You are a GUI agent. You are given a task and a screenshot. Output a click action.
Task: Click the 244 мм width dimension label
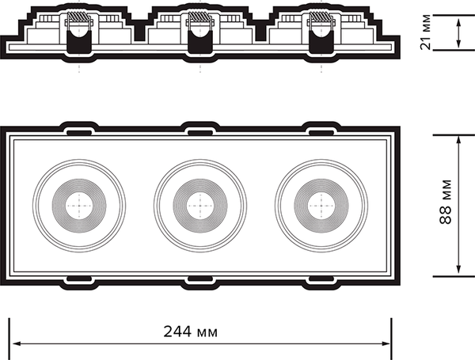[190, 332]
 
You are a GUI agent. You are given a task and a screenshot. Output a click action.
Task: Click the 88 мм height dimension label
[445, 202]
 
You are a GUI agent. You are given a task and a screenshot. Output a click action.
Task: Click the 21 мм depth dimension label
[425, 32]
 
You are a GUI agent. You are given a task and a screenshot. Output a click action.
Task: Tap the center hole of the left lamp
[79, 206]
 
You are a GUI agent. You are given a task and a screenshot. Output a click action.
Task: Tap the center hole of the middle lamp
[200, 206]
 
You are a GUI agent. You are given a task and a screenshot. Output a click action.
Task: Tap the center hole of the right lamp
[321, 206]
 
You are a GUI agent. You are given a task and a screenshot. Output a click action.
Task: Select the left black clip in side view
[79, 43]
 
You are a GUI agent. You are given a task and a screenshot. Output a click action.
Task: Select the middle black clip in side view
[200, 43]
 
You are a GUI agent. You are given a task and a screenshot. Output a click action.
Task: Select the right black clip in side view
[321, 43]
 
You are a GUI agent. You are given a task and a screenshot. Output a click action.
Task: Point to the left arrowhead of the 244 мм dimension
[17, 343]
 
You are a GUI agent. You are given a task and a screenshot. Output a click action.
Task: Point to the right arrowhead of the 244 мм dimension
[386, 343]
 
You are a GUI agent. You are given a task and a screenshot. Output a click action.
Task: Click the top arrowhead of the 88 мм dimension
[458, 140]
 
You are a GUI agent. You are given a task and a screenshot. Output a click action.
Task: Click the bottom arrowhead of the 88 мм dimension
[458, 271]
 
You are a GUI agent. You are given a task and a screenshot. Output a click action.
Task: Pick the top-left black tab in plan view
[78, 133]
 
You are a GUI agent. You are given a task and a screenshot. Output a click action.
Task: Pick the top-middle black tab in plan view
[200, 133]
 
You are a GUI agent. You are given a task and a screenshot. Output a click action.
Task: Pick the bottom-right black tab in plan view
[321, 279]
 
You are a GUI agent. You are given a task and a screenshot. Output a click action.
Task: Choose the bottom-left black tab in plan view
[78, 279]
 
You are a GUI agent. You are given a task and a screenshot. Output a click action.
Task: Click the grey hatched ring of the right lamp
[321, 206]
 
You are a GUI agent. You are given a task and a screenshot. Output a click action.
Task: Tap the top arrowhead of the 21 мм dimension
[458, 22]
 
